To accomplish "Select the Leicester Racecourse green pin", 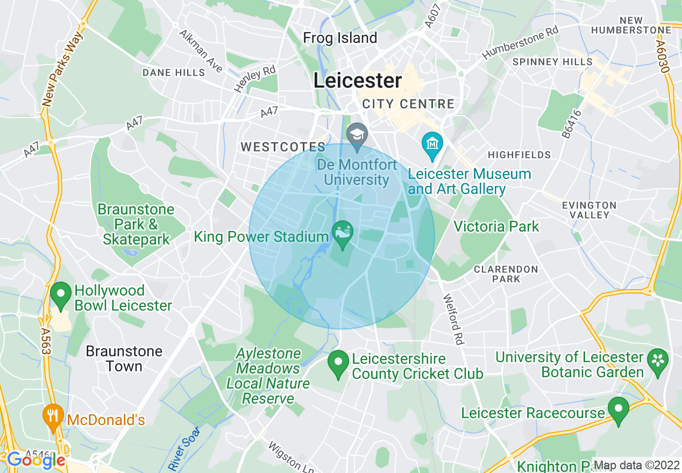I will click(x=619, y=410).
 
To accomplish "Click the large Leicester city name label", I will click(x=358, y=81).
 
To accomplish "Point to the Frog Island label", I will click(x=340, y=38).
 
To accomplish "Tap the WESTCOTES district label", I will click(x=283, y=147).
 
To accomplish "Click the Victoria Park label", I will click(x=496, y=226).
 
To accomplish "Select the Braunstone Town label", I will click(x=124, y=359).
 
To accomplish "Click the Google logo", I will click(x=36, y=460).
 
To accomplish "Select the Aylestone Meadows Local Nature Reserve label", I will click(x=268, y=376).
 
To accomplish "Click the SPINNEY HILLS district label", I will click(x=552, y=62).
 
